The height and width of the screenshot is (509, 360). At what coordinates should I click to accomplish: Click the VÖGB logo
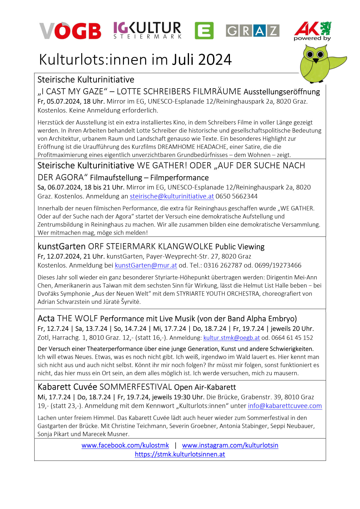tap(70, 31)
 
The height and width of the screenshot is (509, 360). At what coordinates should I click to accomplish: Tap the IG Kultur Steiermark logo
tap(147, 30)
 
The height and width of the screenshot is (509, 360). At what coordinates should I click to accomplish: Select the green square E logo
tap(204, 30)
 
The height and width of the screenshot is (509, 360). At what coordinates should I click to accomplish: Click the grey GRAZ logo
tap(253, 30)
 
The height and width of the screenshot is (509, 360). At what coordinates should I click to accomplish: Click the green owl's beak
tap(315, 61)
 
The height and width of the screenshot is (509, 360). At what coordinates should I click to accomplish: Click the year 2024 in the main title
tap(215, 59)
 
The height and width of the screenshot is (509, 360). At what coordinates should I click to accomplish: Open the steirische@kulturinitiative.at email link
tap(172, 196)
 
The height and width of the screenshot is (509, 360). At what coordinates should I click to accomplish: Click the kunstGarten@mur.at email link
tap(146, 265)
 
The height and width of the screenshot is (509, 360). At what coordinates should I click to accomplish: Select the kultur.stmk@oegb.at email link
tap(231, 338)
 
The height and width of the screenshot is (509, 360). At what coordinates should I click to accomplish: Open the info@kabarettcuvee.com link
tap(285, 406)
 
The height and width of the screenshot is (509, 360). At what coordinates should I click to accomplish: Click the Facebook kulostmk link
tap(125, 445)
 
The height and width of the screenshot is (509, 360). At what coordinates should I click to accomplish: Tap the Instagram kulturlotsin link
tap(230, 445)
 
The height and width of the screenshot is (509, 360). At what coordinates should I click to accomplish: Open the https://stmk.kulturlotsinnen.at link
tap(180, 454)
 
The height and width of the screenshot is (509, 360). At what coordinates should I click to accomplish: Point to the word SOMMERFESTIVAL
tap(136, 387)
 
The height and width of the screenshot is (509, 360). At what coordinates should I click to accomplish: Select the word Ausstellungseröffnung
tap(282, 92)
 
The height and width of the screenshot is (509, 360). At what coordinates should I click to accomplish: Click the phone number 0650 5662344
tap(236, 196)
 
